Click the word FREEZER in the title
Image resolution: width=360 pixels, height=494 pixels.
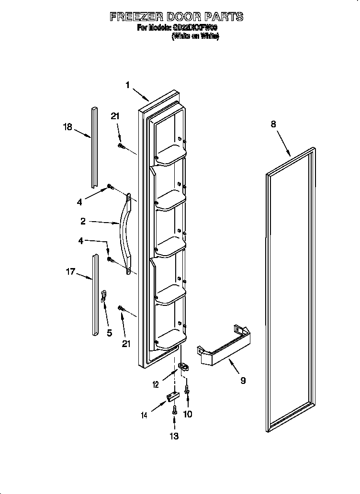coord(136,17)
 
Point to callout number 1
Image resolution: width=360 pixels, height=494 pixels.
coord(128,85)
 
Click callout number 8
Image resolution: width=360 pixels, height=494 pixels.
coord(273,124)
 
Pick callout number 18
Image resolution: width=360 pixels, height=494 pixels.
coord(67,127)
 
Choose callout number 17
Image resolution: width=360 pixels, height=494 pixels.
coord(70,272)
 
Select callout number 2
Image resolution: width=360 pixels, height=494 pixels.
coord(83,221)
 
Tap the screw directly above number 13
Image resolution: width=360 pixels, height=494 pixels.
coord(175,410)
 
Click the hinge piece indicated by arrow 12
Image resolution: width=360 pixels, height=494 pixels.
coord(182,367)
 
